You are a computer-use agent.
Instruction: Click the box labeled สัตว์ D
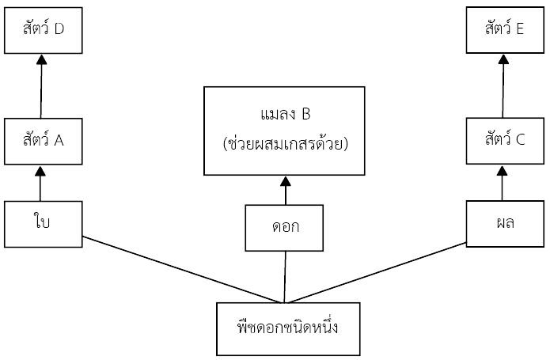[44, 31]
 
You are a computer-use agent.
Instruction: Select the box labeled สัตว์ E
[505, 30]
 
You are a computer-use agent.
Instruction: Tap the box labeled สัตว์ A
[44, 142]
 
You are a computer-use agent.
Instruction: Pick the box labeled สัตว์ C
[505, 141]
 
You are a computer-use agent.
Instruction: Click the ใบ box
[44, 225]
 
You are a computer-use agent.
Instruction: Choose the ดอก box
[284, 228]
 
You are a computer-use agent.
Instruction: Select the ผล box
[505, 224]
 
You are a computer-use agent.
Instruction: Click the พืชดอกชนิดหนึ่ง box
[288, 329]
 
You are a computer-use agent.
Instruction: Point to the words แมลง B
[286, 114]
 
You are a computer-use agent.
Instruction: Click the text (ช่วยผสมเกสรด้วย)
[286, 144]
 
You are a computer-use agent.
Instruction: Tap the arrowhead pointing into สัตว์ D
[42, 59]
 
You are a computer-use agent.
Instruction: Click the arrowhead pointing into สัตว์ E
[503, 59]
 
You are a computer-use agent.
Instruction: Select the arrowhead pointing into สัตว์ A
[40, 171]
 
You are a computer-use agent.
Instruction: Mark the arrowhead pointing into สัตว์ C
[503, 171]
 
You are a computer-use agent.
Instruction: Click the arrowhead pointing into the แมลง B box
[286, 181]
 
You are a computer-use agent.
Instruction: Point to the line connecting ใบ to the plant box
[182, 270]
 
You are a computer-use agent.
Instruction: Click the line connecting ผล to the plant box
[377, 272]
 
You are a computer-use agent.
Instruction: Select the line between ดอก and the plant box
[285, 277]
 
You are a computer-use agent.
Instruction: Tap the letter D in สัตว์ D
[59, 28]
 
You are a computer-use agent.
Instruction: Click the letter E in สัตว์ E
[520, 28]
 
